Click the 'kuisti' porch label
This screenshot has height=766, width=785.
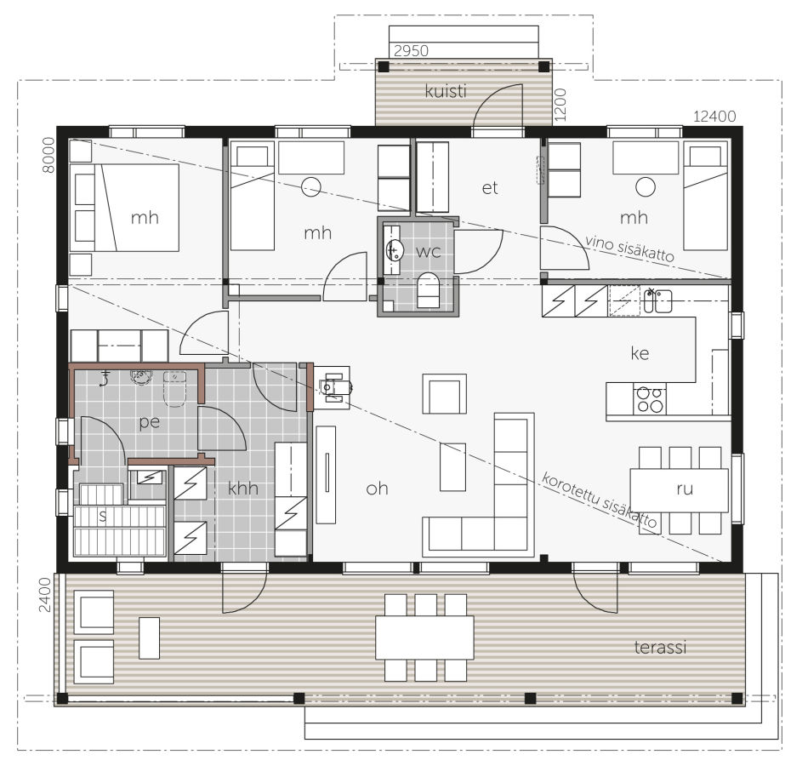[x=446, y=91]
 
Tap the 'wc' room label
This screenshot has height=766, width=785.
[x=429, y=251]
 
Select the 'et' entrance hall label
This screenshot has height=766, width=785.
[x=490, y=188]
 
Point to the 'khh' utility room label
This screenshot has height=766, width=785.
[x=242, y=488]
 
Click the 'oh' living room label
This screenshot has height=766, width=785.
[x=377, y=488]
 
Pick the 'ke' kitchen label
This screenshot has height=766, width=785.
[x=640, y=353]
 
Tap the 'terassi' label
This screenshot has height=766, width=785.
[x=660, y=647]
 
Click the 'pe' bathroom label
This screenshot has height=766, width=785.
[x=149, y=422]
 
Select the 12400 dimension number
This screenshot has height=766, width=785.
[x=714, y=117]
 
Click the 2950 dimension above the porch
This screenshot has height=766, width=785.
[x=411, y=50]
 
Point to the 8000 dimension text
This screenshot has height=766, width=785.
[x=48, y=155]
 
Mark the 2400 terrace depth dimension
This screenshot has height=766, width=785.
[x=45, y=595]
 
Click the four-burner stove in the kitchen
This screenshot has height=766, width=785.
[x=650, y=399]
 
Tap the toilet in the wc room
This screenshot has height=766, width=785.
[x=428, y=290]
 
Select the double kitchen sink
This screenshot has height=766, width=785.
[x=657, y=300]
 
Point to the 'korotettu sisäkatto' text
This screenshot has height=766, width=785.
[x=599, y=500]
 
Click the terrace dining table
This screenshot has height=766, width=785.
[x=424, y=637]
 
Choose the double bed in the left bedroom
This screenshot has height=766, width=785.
[x=124, y=208]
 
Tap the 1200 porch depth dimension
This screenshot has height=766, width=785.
[x=560, y=105]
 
